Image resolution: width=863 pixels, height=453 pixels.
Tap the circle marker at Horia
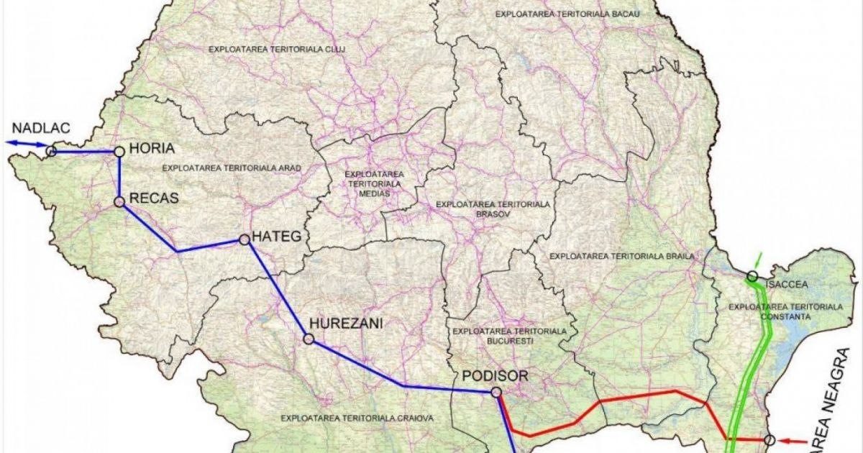119,151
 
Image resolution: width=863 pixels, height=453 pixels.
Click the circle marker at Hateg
243,239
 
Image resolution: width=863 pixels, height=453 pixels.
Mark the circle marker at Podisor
496,392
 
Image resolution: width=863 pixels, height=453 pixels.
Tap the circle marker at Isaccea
752,276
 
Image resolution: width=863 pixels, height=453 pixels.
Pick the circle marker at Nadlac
51,151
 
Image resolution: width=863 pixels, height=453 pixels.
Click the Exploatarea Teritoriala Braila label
621,256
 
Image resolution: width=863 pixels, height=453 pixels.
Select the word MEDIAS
373,193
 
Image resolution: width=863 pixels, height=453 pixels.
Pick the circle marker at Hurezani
309,339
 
